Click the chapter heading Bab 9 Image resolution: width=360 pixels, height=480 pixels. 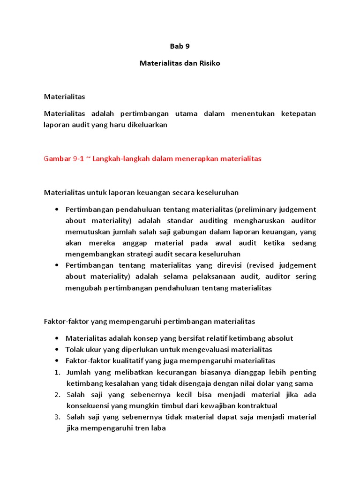tap(180, 46)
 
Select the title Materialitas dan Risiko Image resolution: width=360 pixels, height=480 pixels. tap(180, 63)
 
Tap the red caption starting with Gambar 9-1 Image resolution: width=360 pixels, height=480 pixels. tap(152, 159)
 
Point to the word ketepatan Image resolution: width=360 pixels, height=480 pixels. tap(298, 114)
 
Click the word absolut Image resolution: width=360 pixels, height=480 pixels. tap(280, 338)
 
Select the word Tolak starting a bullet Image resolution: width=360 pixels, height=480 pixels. tap(75, 350)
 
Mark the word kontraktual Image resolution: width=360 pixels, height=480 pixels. tap(256, 406)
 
